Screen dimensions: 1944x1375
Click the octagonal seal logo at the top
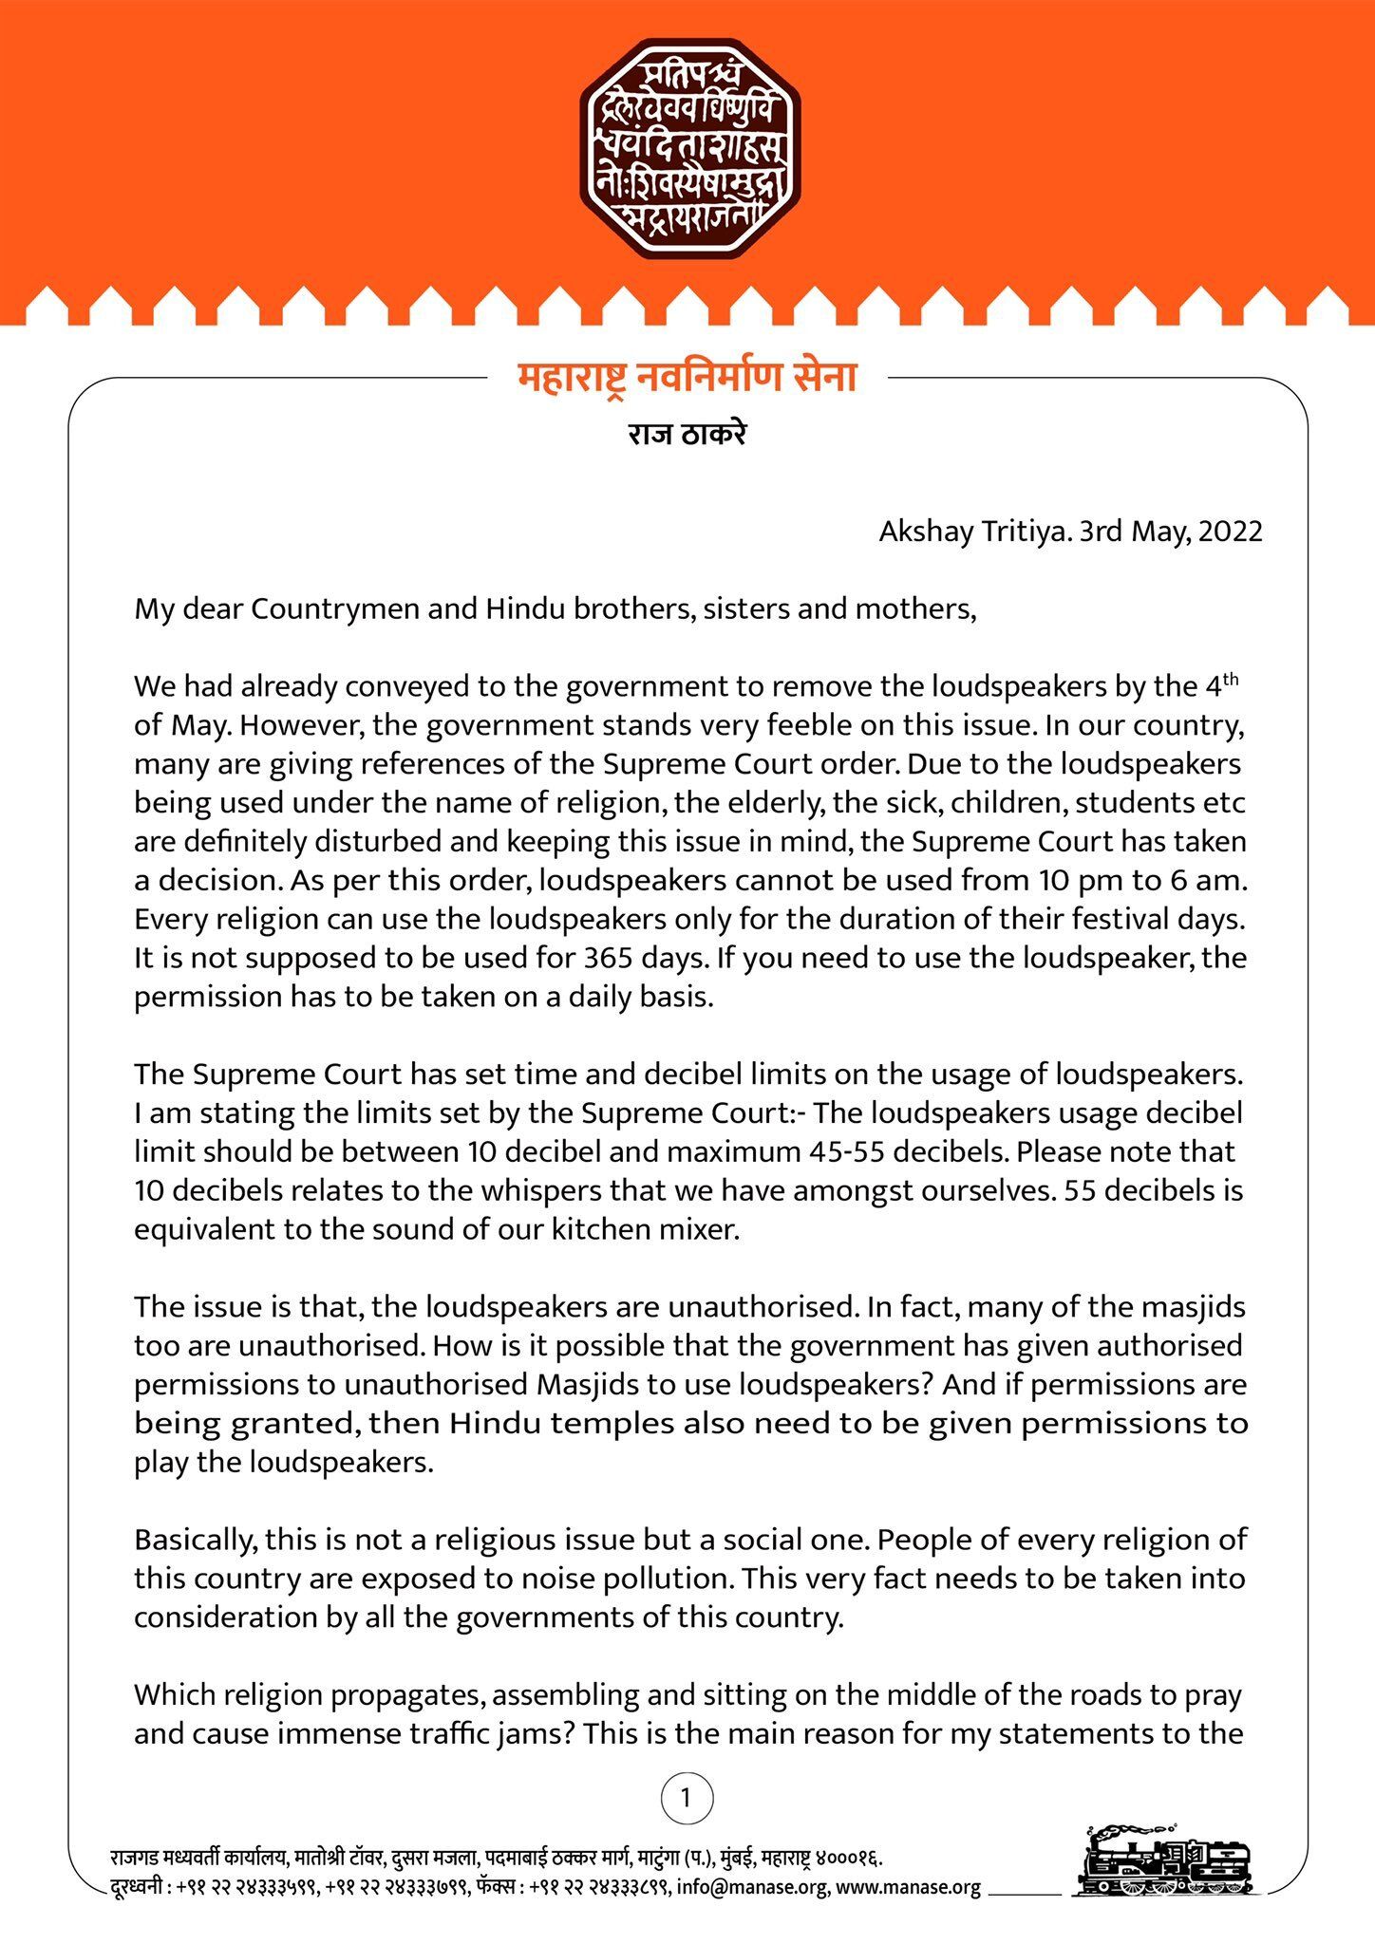click(688, 149)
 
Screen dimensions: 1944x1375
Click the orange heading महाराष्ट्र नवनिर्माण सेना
click(687, 378)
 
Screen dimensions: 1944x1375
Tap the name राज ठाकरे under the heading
click(687, 435)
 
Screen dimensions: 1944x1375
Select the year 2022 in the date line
click(1231, 531)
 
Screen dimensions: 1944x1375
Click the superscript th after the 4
click(1230, 678)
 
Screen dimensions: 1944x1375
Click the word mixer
click(699, 1229)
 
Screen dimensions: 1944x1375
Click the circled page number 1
click(687, 1797)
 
